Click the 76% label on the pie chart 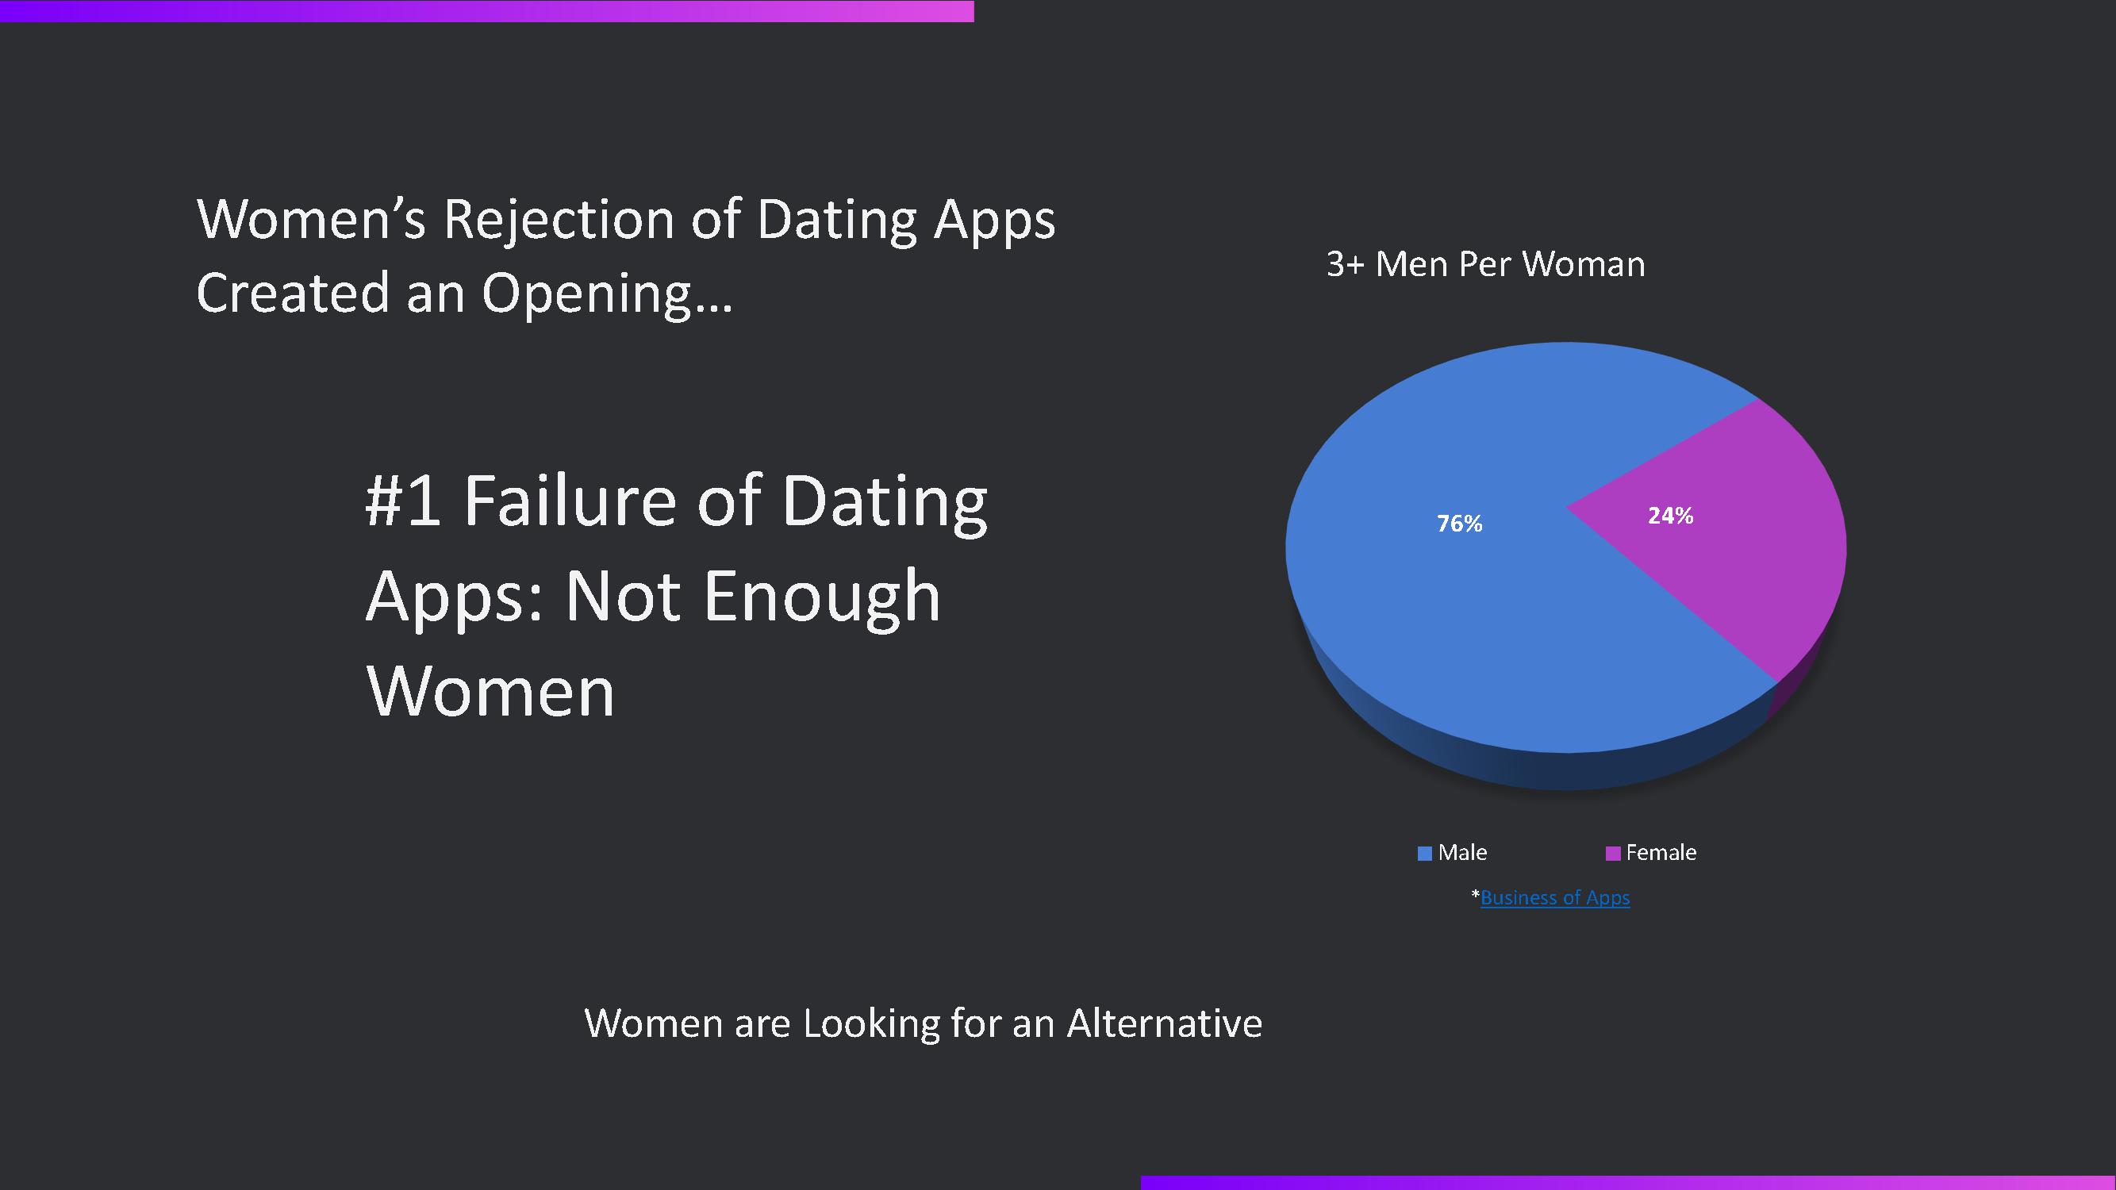[x=1459, y=523]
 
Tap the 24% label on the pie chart [x=1670, y=516]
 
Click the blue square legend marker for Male [x=1425, y=854]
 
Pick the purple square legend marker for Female [x=1612, y=854]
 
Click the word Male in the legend [x=1462, y=853]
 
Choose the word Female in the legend [x=1661, y=853]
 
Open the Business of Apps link [x=1555, y=897]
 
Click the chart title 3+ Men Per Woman [x=1485, y=264]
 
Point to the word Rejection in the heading [x=559, y=220]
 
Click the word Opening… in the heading [x=606, y=294]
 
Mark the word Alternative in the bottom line [x=1164, y=1023]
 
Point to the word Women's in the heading [x=311, y=220]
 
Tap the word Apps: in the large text [x=455, y=598]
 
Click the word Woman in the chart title [x=1584, y=264]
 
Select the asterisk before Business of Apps [x=1475, y=892]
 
